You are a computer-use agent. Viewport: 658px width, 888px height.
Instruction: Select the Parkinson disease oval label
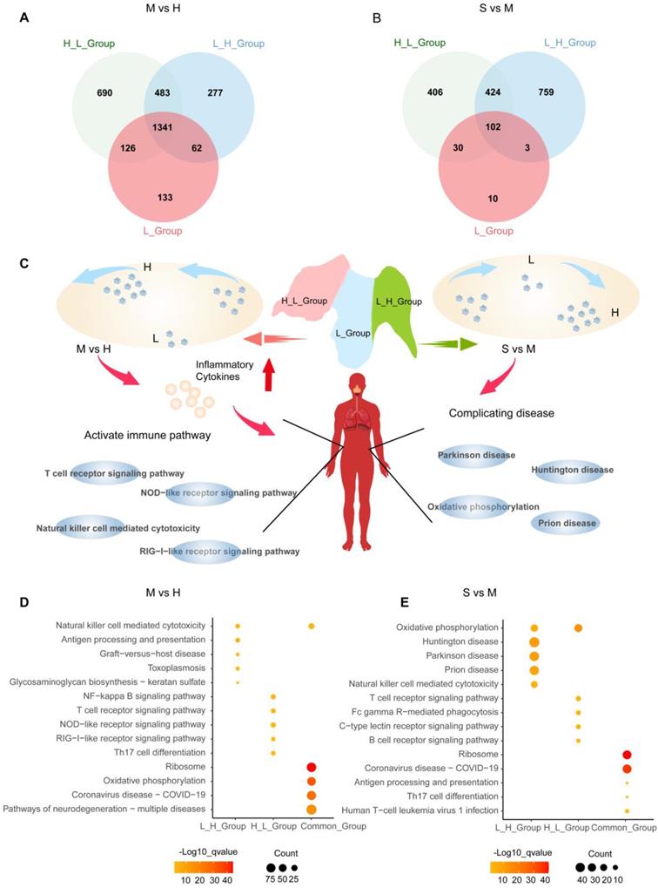[x=478, y=455]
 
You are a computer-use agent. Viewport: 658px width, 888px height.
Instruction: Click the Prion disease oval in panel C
[x=567, y=523]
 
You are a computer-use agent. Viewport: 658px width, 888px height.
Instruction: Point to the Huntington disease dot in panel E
[x=534, y=642]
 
